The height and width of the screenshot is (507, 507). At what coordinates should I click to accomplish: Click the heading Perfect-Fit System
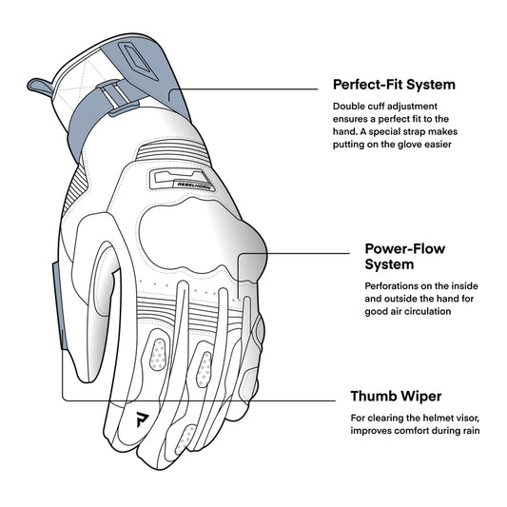pyautogui.click(x=394, y=85)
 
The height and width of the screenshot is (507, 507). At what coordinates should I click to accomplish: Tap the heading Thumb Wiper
pyautogui.click(x=396, y=396)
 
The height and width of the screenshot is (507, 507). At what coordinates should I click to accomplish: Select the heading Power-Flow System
pyautogui.click(x=405, y=257)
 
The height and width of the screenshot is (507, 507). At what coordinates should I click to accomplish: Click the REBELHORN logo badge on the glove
pyautogui.click(x=181, y=180)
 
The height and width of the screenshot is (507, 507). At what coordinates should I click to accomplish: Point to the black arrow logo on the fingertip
pyautogui.click(x=142, y=419)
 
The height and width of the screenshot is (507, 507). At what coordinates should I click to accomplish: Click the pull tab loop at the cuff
pyautogui.click(x=39, y=87)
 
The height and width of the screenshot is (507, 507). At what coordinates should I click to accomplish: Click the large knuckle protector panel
pyautogui.click(x=201, y=236)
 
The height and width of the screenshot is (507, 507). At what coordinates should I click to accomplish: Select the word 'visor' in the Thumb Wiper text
pyautogui.click(x=468, y=419)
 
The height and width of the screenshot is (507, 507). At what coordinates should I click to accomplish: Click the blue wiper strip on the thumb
pyautogui.click(x=60, y=305)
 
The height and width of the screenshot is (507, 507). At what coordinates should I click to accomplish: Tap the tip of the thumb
pyautogui.click(x=85, y=379)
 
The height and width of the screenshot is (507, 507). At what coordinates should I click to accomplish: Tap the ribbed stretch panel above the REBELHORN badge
pyautogui.click(x=172, y=151)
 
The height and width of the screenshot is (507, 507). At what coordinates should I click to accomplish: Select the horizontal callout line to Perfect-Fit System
pyautogui.click(x=244, y=88)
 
